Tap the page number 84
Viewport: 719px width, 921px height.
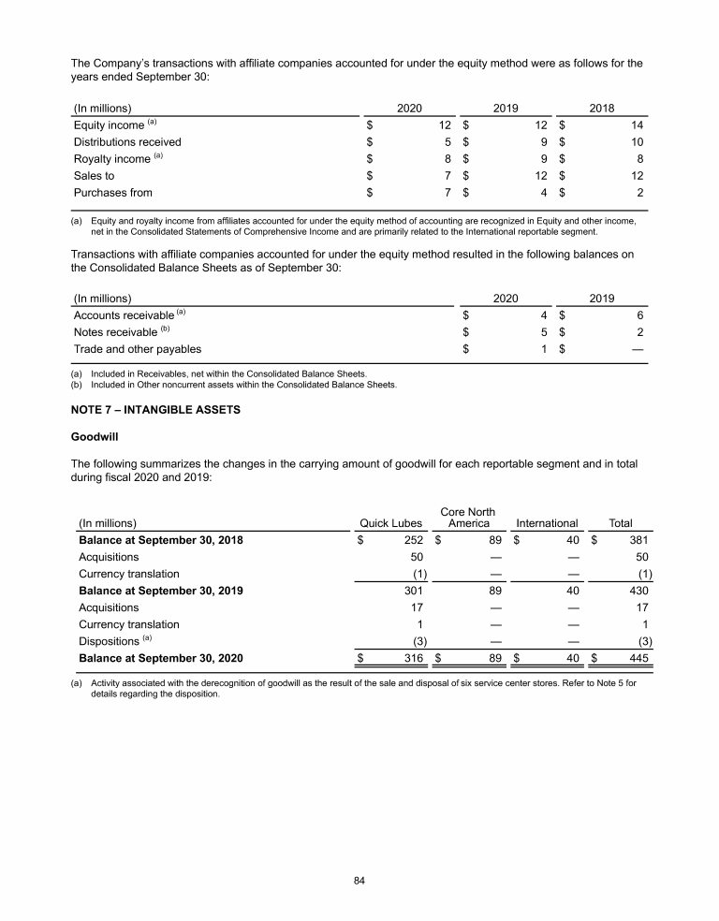359,880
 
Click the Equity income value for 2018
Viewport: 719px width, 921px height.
638,124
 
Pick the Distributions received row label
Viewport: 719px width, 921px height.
127,142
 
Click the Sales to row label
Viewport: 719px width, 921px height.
94,176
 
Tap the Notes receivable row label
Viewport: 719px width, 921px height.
116,332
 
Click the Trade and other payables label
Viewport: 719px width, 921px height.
137,349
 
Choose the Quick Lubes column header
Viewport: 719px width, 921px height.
391,523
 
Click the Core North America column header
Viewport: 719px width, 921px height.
467,517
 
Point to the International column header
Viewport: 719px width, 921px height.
547,523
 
